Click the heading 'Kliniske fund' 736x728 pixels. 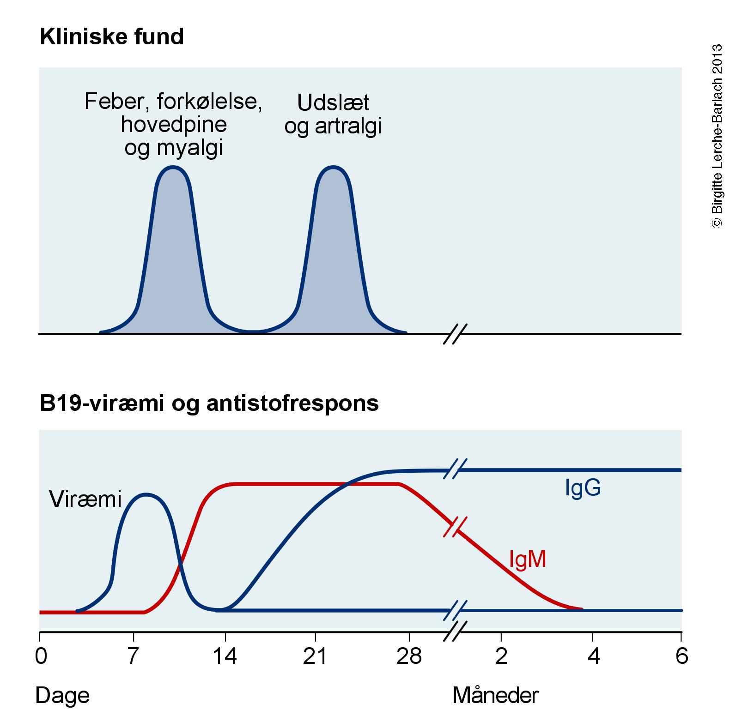112,36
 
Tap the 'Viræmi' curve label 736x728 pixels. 85,499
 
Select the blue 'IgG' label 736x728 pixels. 583,487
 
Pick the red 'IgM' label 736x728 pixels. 527,559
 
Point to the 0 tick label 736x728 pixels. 41,656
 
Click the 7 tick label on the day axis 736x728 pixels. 133,656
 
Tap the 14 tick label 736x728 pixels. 225,656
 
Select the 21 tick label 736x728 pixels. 315,656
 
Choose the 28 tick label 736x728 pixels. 409,656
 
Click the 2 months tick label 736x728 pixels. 501,656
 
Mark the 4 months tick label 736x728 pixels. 594,656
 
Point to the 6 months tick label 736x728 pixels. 681,656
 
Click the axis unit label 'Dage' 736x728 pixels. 62,695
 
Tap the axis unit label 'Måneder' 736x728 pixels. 495,695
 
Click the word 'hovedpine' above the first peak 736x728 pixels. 174,125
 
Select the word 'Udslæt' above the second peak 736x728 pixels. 333,102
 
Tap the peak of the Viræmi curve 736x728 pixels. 146,495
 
